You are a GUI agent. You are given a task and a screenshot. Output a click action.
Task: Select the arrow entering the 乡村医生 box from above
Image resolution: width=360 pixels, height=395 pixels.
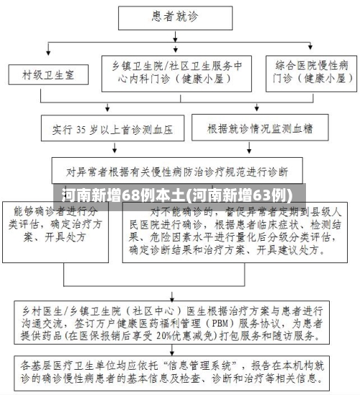pos(175,291)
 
